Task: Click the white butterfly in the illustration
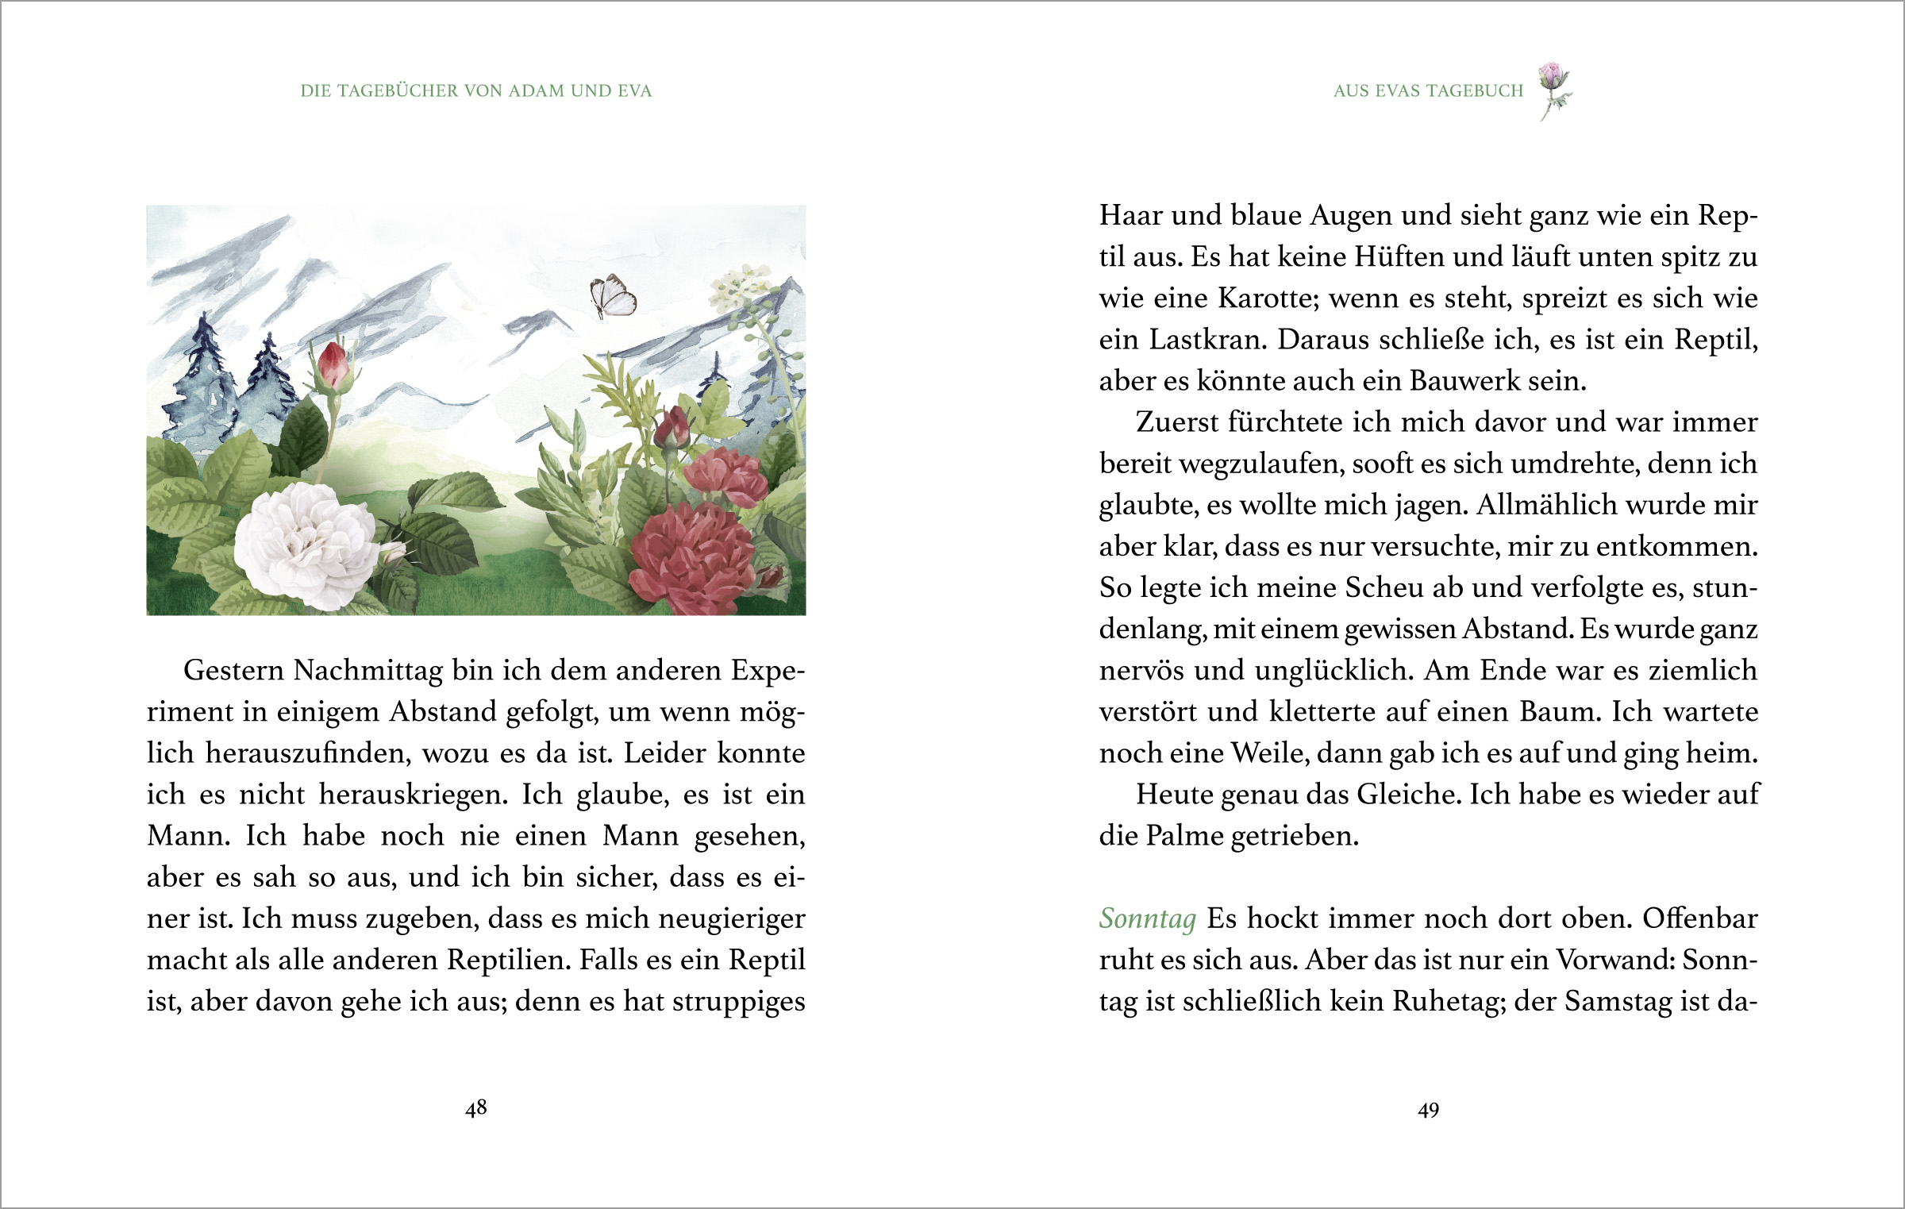[x=613, y=297]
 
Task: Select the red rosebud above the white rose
[x=333, y=366]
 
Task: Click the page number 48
[x=475, y=1108]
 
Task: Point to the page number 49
[x=1428, y=1110]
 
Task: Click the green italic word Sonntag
[x=1147, y=918]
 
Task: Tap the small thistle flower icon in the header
[x=1554, y=87]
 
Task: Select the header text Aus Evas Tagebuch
[x=1428, y=91]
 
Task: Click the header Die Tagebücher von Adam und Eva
[x=475, y=91]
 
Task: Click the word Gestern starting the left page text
[x=233, y=671]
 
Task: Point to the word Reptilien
[x=508, y=961]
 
